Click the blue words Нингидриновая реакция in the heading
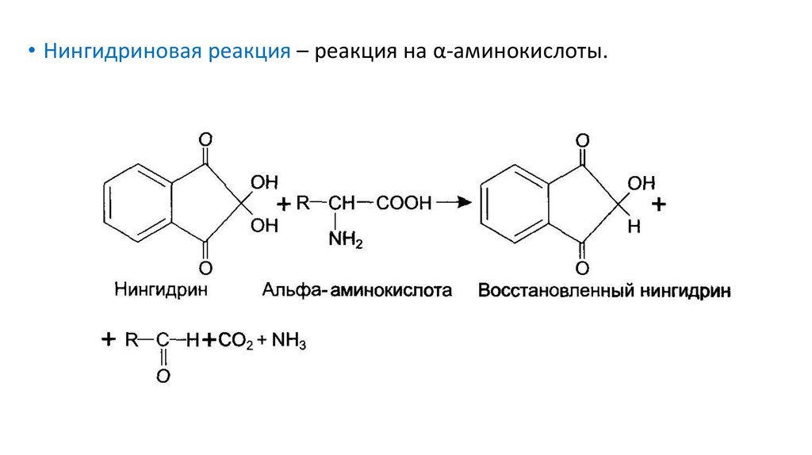tap(167, 52)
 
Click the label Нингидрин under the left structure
tap(161, 289)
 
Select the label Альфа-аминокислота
tap(357, 290)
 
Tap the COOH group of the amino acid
tap(404, 204)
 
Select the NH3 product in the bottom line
tap(288, 342)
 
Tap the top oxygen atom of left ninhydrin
tap(205, 140)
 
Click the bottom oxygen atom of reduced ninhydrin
tap(583, 267)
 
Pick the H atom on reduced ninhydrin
tap(633, 226)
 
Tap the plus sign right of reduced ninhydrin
tap(658, 205)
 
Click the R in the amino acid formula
tap(302, 204)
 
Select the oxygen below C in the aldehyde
tap(163, 377)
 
